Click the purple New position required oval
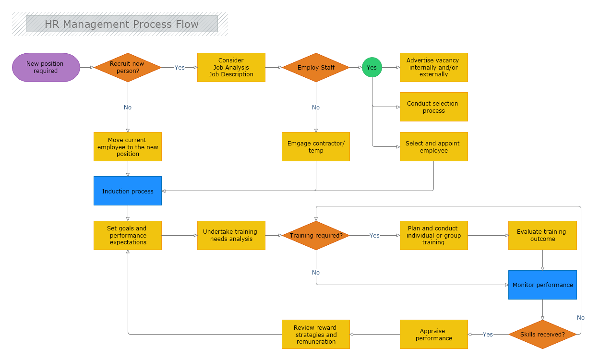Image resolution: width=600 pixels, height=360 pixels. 46,68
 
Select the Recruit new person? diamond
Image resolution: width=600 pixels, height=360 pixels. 127,68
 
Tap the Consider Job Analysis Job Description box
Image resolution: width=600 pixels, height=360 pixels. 231,68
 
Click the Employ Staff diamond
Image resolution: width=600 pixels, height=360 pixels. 316,68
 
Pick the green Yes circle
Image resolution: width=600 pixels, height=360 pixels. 372,68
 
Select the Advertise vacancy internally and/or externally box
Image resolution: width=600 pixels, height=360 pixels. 433,68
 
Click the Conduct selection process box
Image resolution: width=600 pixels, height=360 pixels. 433,107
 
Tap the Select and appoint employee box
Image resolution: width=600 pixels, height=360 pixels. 433,147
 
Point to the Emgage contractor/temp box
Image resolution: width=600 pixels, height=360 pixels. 316,147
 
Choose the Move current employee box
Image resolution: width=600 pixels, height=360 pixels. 128,147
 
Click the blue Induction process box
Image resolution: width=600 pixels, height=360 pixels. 128,191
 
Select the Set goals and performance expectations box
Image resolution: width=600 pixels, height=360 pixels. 128,235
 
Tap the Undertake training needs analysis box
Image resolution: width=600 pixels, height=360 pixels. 231,235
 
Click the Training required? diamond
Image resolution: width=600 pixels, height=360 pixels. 316,236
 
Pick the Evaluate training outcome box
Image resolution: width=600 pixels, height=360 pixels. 542,235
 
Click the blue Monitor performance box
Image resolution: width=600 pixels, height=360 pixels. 542,285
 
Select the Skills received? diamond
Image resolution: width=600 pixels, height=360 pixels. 542,334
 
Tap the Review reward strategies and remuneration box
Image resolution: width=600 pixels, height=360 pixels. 316,335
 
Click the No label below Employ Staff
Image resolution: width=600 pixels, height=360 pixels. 316,108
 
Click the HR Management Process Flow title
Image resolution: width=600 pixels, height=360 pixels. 121,24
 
